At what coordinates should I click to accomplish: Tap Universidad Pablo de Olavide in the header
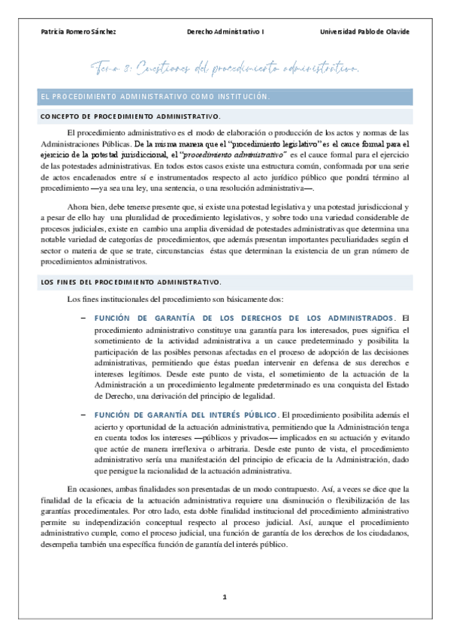click(x=364, y=32)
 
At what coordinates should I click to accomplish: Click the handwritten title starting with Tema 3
click(x=225, y=70)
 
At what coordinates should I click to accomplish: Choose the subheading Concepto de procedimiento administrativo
click(x=130, y=116)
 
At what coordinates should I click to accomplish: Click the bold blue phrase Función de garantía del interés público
click(x=186, y=414)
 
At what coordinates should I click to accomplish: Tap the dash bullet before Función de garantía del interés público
click(x=82, y=414)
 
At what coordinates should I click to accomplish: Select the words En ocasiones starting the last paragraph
click(x=87, y=489)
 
